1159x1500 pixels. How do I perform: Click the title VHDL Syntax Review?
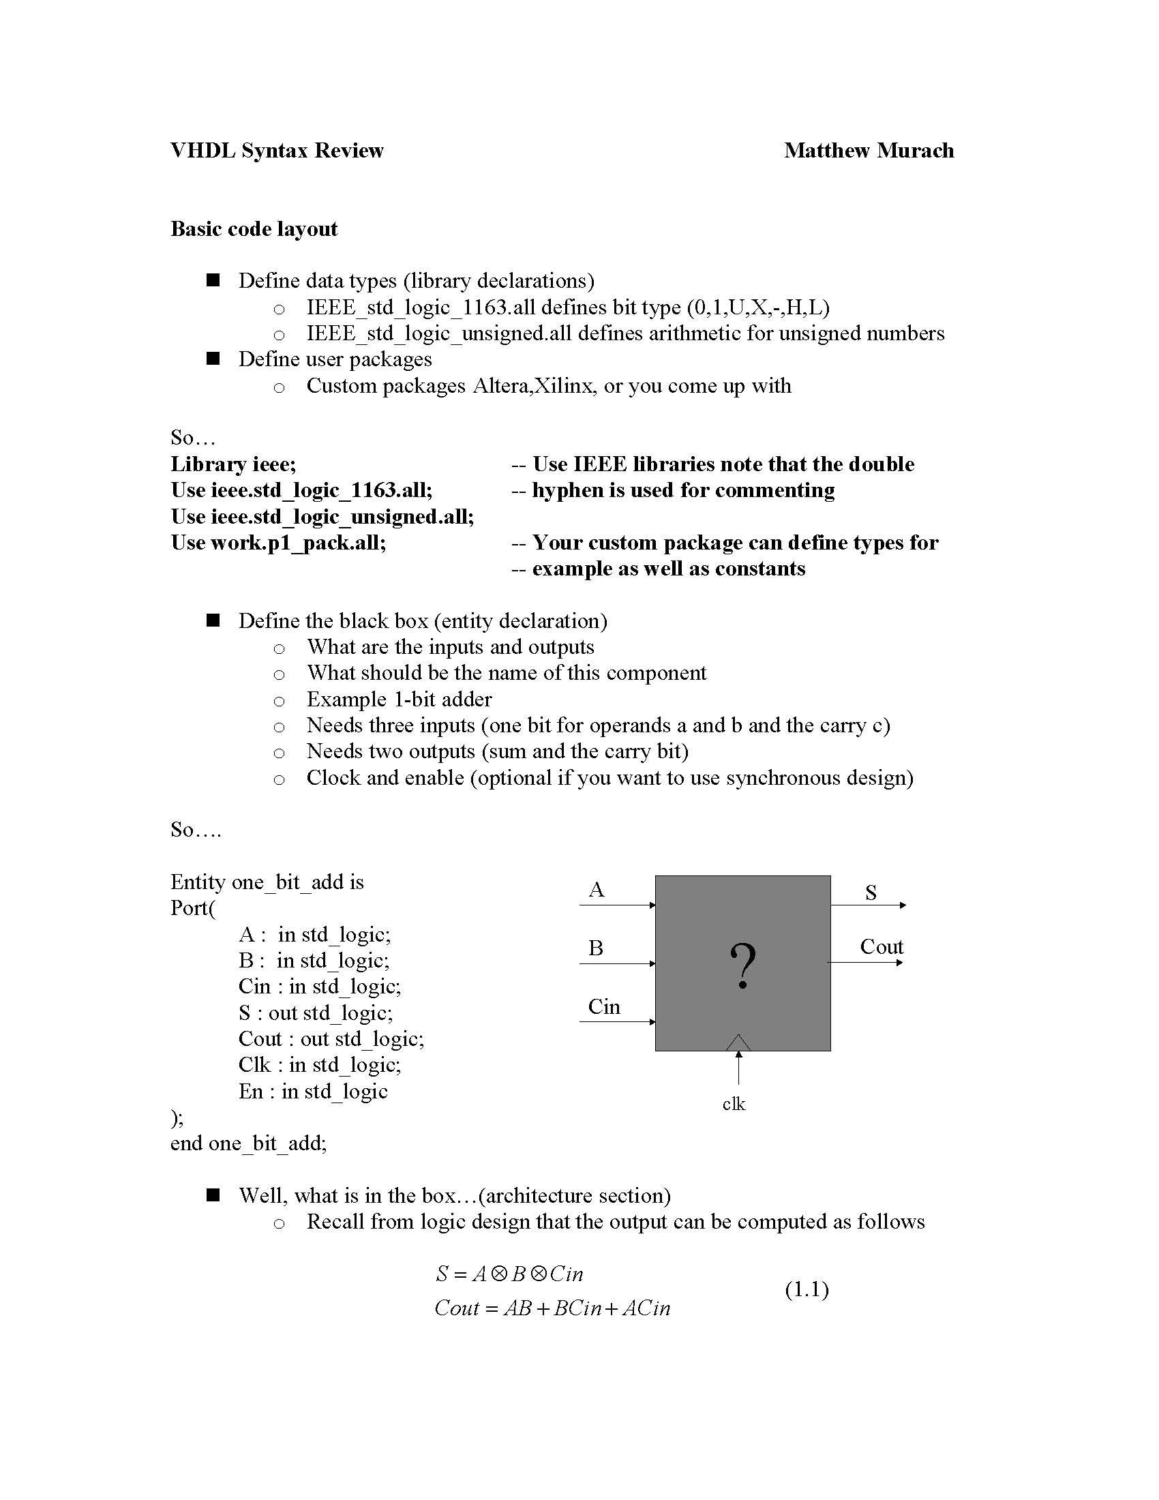point(277,151)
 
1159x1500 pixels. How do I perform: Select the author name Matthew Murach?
point(869,151)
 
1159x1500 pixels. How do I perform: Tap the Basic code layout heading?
point(254,228)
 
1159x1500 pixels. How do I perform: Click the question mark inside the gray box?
point(743,965)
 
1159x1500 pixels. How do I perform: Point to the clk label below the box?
point(734,1104)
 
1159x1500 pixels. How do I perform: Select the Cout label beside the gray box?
point(881,947)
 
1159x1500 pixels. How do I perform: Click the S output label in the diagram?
point(871,893)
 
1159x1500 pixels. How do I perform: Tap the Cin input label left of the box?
point(604,1007)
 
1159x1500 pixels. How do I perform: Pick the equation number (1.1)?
point(807,1289)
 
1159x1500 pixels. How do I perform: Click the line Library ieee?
point(233,464)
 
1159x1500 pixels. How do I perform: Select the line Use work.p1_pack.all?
point(278,543)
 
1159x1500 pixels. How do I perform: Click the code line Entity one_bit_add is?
point(267,882)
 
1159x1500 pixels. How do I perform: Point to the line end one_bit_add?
point(249,1143)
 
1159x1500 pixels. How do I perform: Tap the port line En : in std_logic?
point(313,1091)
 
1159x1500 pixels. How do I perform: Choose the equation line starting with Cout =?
point(552,1308)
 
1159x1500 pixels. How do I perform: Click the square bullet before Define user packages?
point(213,359)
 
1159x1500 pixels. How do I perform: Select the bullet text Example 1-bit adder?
point(399,699)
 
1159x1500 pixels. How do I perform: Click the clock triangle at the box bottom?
point(738,1042)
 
